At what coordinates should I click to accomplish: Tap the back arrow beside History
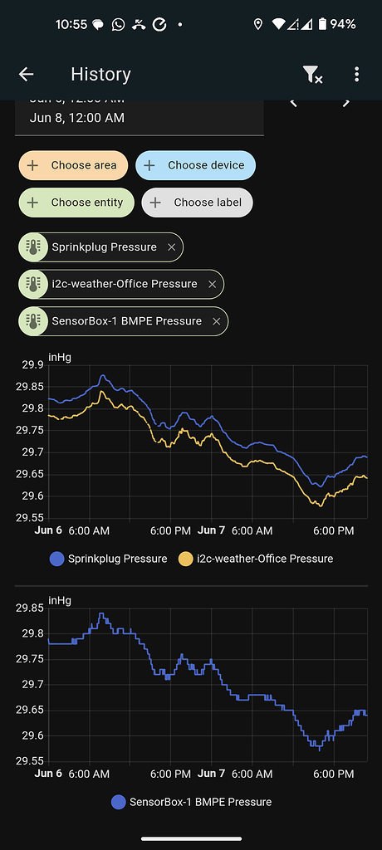(x=27, y=75)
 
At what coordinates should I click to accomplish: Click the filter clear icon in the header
(x=312, y=75)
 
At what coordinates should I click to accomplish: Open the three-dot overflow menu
(x=356, y=75)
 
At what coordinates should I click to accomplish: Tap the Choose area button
(x=74, y=165)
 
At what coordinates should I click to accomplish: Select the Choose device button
(x=196, y=165)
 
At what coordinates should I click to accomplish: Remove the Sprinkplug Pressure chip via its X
(x=171, y=247)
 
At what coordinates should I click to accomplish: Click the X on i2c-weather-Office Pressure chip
(x=212, y=284)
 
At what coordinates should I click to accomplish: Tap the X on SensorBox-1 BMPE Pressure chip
(x=216, y=321)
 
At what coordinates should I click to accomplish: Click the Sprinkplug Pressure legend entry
(x=108, y=559)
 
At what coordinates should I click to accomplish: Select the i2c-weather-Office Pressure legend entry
(x=256, y=559)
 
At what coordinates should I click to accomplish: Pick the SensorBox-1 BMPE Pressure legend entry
(x=191, y=802)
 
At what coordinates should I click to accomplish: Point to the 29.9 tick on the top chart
(x=32, y=364)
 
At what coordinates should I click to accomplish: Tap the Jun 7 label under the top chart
(x=212, y=530)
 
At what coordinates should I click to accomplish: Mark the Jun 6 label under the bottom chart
(x=48, y=774)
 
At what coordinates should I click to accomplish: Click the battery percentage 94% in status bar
(x=342, y=24)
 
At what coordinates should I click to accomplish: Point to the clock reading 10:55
(x=71, y=24)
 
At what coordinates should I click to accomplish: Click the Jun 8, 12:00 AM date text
(x=77, y=118)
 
